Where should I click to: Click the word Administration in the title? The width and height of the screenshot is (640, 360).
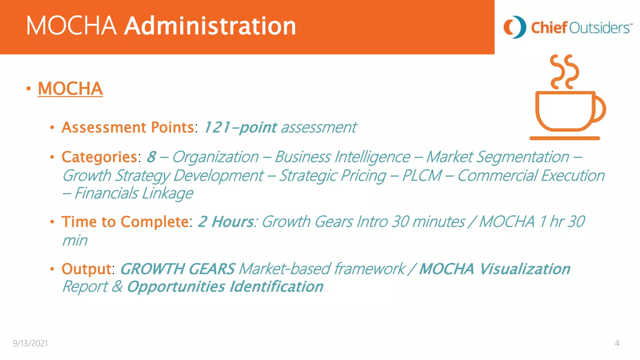210,26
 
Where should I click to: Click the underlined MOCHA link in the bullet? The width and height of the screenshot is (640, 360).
70,89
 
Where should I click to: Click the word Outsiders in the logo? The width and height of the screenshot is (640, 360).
598,28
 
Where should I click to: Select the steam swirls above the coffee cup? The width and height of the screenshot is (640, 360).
565,72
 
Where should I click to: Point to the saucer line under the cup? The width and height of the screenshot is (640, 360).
565,138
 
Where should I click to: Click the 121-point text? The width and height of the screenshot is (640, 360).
240,127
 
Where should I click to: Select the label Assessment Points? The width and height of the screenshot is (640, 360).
128,127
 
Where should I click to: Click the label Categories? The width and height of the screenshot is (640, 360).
99,157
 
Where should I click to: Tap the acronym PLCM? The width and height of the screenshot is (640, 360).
422,176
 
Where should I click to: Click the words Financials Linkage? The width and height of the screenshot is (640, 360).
134,193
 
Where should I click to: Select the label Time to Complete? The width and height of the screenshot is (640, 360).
125,222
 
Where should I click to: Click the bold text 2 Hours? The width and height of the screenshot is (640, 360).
226,222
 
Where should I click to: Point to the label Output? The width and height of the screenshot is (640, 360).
86,269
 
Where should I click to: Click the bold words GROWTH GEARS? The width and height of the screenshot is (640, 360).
177,269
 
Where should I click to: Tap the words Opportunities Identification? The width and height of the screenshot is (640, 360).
225,287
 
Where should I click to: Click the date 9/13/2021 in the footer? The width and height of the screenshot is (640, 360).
30,343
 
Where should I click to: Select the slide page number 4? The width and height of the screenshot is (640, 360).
617,343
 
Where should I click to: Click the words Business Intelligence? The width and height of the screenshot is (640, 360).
342,157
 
